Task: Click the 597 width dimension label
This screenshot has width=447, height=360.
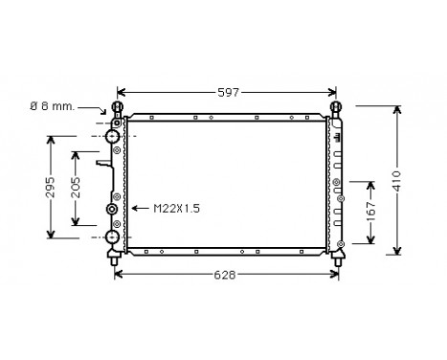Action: tap(227, 92)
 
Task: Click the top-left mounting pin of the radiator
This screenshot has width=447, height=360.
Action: tap(119, 107)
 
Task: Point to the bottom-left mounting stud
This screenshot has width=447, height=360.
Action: tap(114, 257)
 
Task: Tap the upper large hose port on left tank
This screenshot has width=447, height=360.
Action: tap(112, 137)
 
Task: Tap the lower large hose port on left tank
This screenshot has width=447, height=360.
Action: tap(112, 236)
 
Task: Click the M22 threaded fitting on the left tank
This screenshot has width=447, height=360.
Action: tap(113, 210)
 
